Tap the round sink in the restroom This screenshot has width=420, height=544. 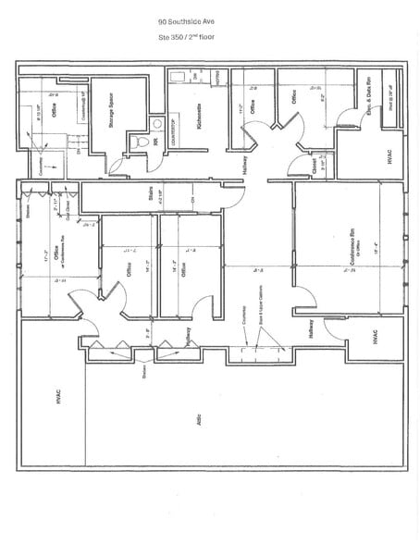tap(157, 123)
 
